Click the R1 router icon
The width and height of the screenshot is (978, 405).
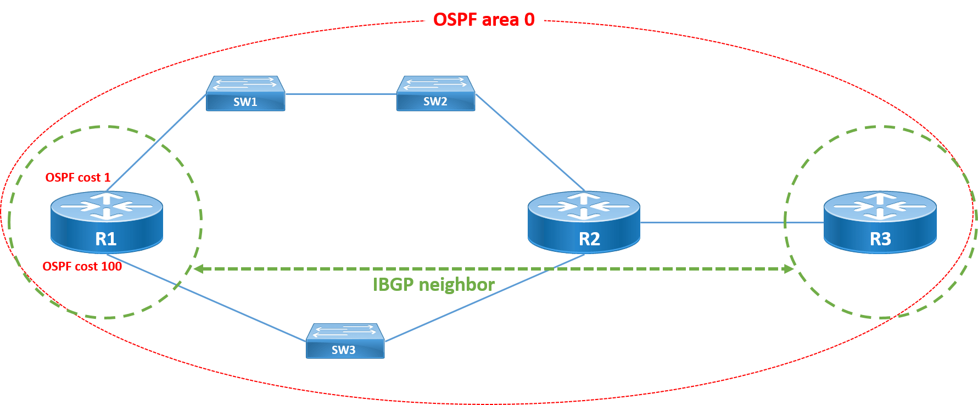pyautogui.click(x=107, y=222)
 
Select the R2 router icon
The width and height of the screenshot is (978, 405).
pyautogui.click(x=584, y=222)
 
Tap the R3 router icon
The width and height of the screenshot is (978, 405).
pyautogui.click(x=880, y=222)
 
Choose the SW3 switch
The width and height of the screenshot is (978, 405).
pyautogui.click(x=345, y=341)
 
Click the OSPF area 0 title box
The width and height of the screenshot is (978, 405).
pyautogui.click(x=484, y=20)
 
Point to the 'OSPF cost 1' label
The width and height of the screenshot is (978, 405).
pyautogui.click(x=78, y=178)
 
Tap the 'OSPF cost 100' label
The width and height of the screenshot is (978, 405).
pyautogui.click(x=82, y=267)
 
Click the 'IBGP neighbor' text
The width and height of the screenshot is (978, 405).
pyautogui.click(x=434, y=284)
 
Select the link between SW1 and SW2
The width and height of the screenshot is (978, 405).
pyautogui.click(x=340, y=94)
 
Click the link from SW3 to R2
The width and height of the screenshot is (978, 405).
pyautogui.click(x=483, y=299)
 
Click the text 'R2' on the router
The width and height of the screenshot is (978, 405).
pyautogui.click(x=589, y=239)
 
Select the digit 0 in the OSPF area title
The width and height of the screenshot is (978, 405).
pyautogui.click(x=529, y=20)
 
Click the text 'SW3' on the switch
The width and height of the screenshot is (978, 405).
pyautogui.click(x=344, y=350)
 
